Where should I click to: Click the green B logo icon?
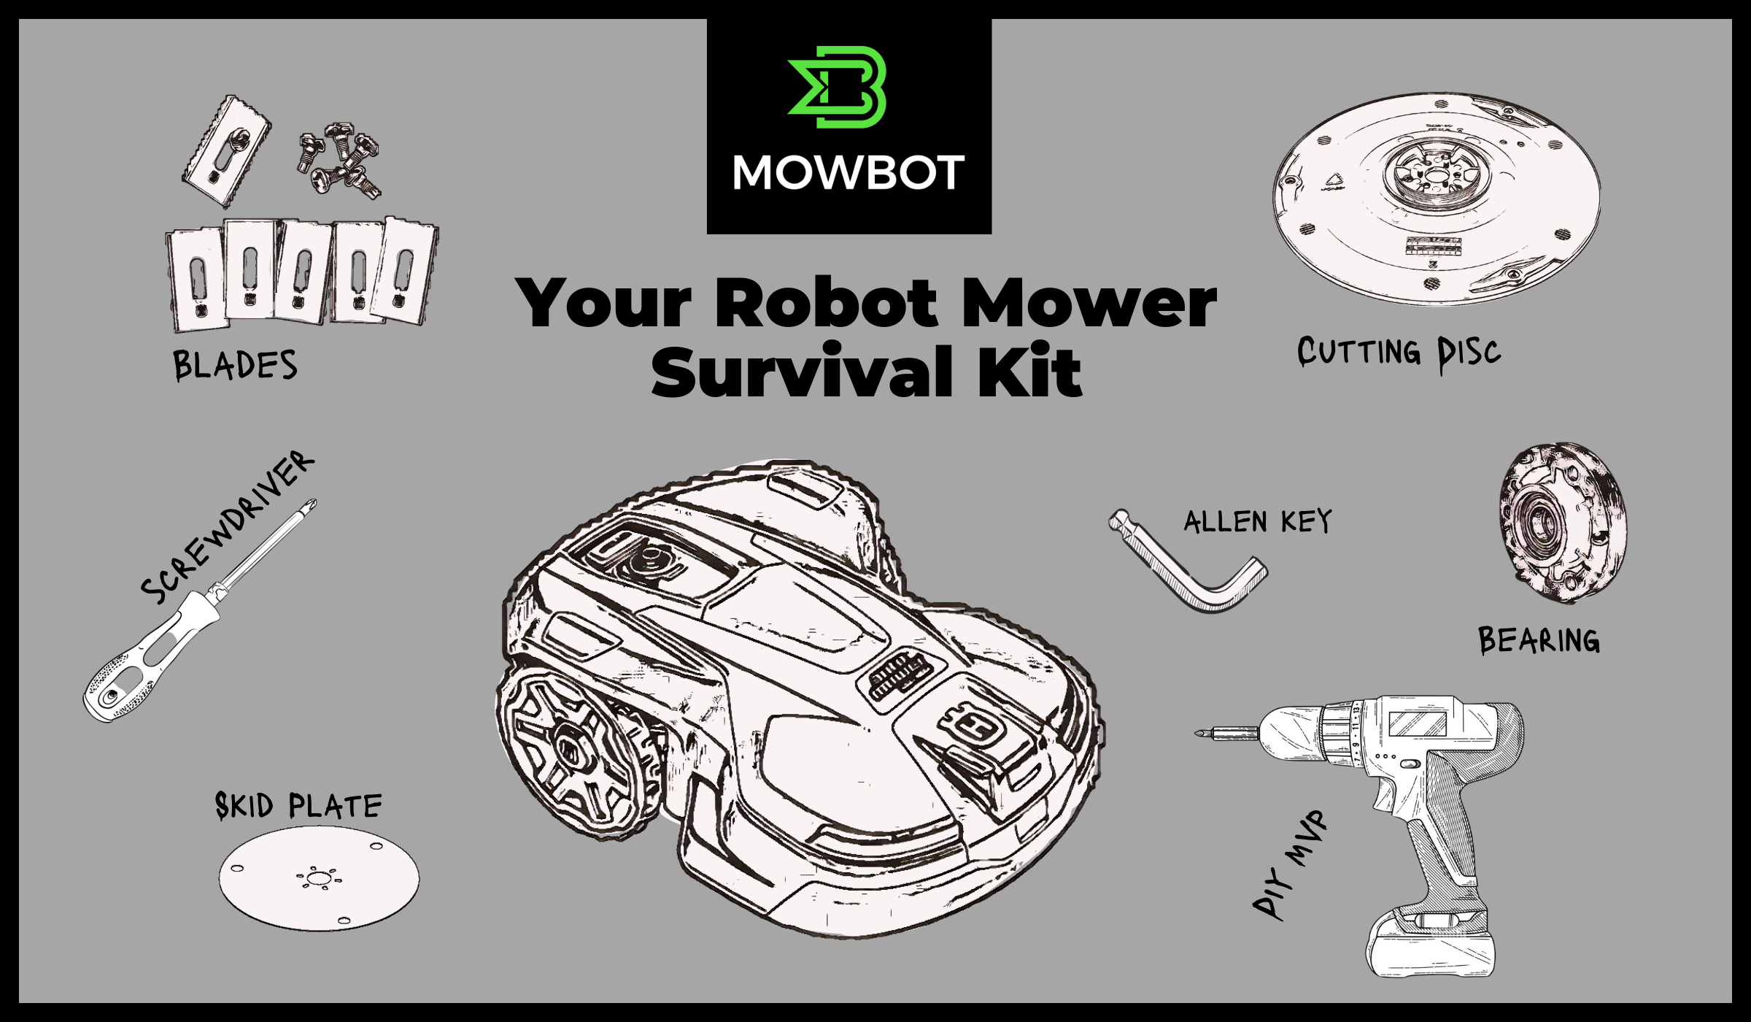click(x=837, y=87)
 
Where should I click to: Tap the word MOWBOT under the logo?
click(x=849, y=173)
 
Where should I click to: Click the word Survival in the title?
click(x=803, y=373)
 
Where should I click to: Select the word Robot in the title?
click(x=826, y=302)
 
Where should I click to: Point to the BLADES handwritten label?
click(x=235, y=365)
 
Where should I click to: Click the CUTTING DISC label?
click(x=1399, y=353)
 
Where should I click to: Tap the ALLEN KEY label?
click(x=1258, y=521)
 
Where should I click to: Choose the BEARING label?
click(x=1539, y=640)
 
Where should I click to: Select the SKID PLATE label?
click(x=298, y=805)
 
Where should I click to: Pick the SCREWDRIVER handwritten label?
click(x=227, y=527)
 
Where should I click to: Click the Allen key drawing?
click(x=1188, y=561)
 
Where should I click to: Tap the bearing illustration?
click(x=1562, y=523)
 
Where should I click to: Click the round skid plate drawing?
click(x=319, y=878)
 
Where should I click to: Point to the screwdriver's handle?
click(x=149, y=658)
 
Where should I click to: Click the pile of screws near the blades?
click(x=339, y=160)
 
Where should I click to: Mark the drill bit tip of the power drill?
click(x=1197, y=734)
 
